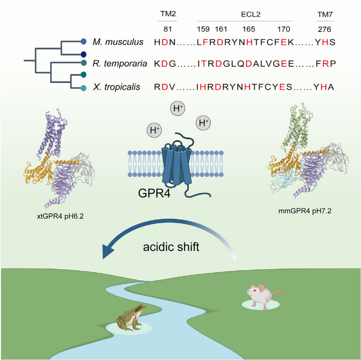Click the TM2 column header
point(167,14)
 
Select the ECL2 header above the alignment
point(245,14)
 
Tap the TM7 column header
point(325,14)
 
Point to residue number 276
point(325,29)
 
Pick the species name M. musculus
point(118,42)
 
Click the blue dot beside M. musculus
point(84,41)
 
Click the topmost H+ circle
point(177,109)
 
